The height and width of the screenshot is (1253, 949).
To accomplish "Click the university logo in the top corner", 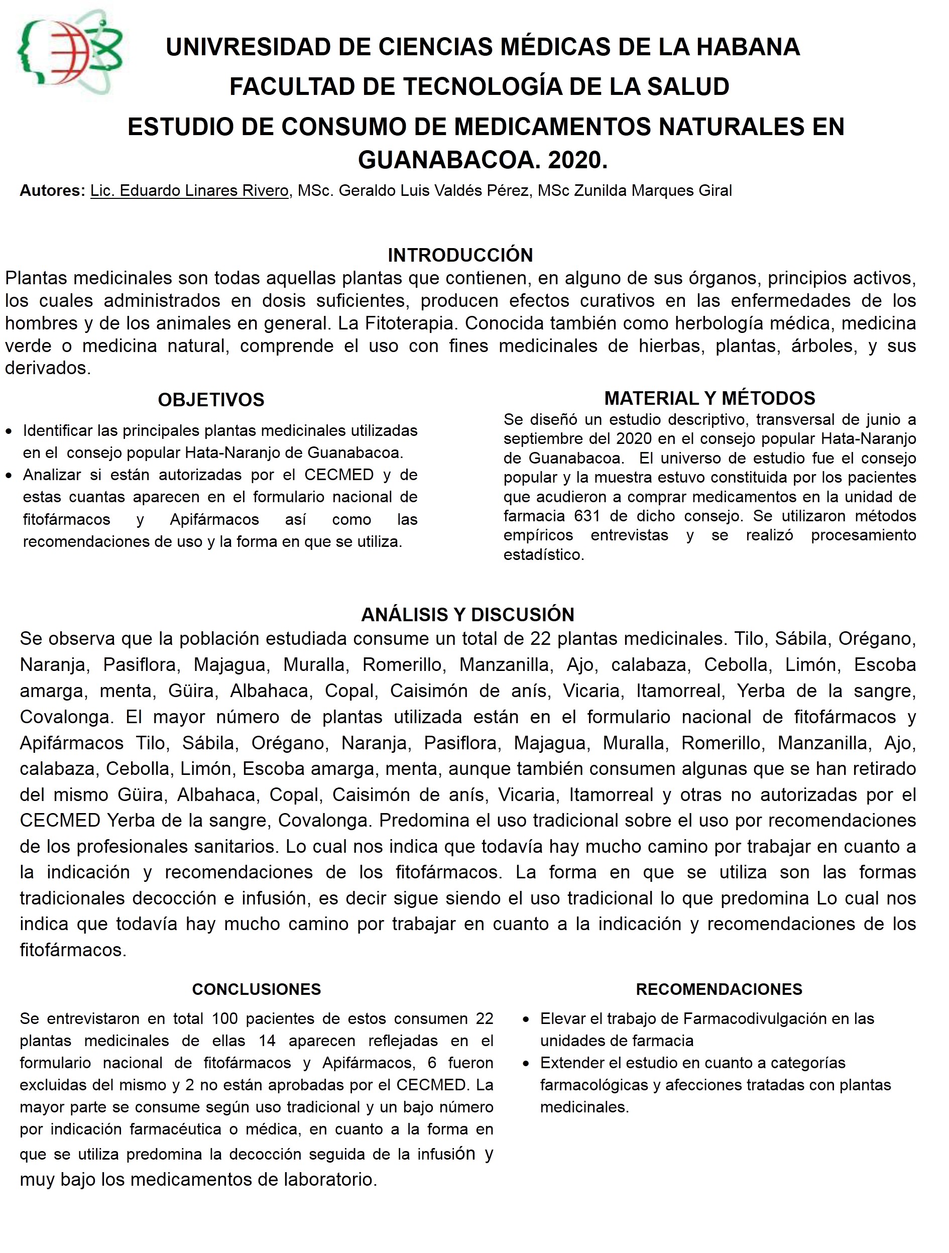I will (x=70, y=52).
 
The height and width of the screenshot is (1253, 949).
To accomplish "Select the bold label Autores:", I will (x=52, y=190).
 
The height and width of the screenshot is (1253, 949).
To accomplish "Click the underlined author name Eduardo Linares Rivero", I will (x=189, y=190).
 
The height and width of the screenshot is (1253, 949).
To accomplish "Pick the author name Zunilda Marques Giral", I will (x=653, y=190).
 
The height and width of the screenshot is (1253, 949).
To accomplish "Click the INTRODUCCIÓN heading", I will (x=460, y=256).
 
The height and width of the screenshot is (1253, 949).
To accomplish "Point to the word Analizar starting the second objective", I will (x=50, y=475).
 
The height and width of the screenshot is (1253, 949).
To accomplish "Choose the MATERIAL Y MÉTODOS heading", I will (x=709, y=398).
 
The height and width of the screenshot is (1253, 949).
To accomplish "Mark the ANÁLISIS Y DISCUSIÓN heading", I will (x=467, y=615).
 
